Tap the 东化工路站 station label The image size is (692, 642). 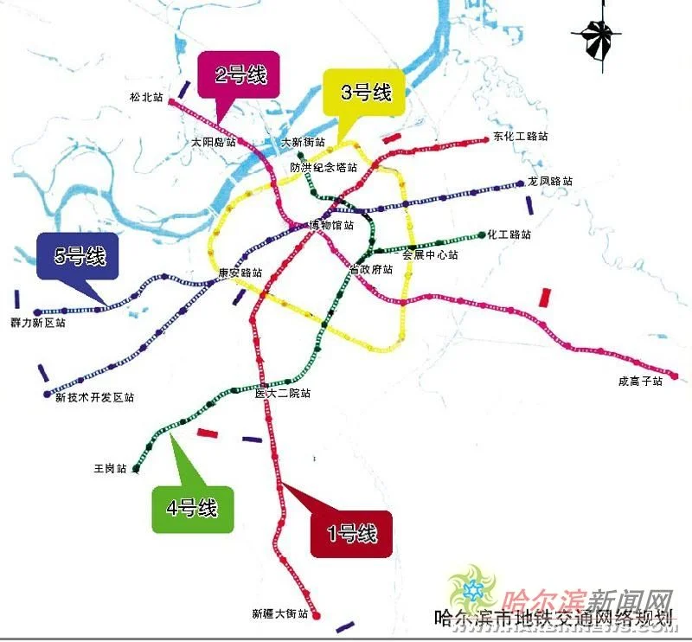(521, 137)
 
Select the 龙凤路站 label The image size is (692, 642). (550, 183)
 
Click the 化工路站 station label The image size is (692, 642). (509, 234)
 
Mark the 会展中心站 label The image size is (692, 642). (430, 255)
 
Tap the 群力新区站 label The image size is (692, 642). (38, 323)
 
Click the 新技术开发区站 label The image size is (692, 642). (95, 398)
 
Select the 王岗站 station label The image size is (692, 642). (110, 469)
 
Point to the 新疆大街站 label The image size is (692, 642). (280, 614)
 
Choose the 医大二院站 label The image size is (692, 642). (283, 394)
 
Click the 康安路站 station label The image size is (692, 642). (240, 272)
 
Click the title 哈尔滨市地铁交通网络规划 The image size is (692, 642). (554, 620)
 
